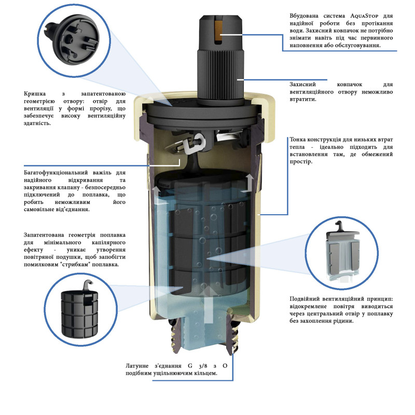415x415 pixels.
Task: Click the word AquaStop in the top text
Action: point(364,16)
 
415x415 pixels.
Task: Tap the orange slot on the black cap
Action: point(218,32)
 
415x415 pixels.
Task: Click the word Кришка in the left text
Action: point(35,94)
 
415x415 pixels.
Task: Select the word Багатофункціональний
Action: point(56,173)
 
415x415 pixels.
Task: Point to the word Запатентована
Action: point(44,235)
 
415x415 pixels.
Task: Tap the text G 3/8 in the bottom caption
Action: point(198,366)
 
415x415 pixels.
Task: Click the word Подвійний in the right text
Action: point(304,299)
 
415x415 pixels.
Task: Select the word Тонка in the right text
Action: point(297,140)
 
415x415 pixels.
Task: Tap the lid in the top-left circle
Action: point(72,40)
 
